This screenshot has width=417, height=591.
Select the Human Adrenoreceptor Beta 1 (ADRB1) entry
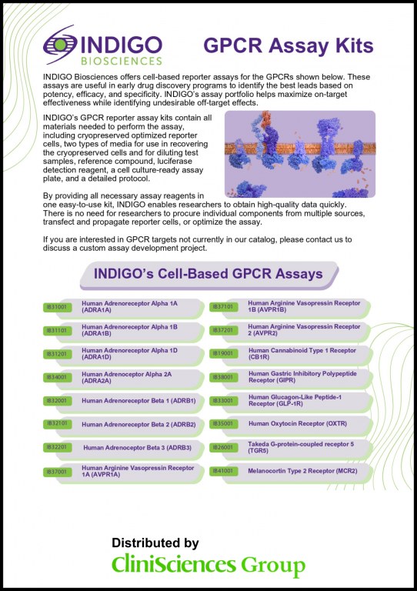(138, 401)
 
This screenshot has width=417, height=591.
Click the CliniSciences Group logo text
(208, 566)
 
